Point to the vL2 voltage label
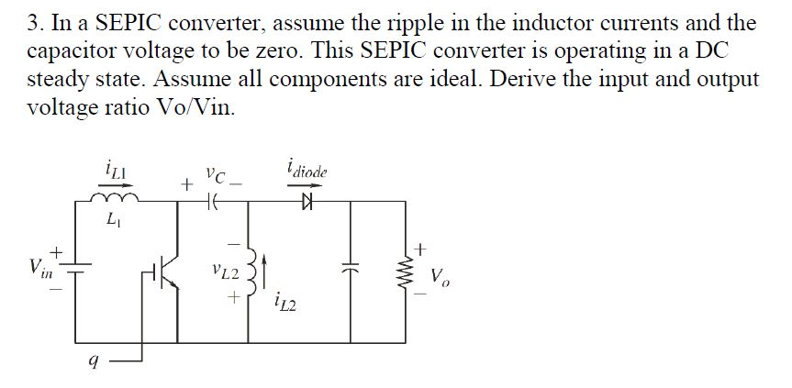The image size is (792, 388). point(224,272)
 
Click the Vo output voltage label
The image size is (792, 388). point(441,275)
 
